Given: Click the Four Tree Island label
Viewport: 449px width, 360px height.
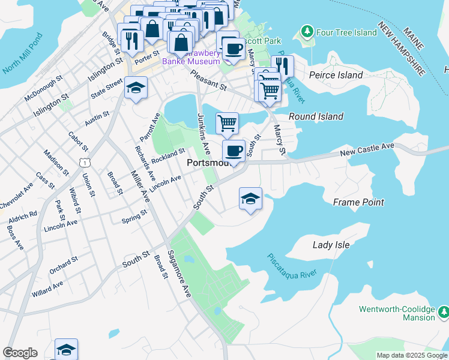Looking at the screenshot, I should click(x=347, y=32).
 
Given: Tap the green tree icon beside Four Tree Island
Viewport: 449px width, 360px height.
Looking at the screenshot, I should click(x=307, y=31).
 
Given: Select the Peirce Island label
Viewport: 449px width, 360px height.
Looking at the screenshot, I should click(x=336, y=75).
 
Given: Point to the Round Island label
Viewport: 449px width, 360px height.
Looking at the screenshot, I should click(x=316, y=116).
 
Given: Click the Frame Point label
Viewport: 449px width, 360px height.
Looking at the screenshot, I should click(x=358, y=202).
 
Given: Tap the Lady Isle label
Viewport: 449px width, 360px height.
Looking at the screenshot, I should click(x=331, y=245).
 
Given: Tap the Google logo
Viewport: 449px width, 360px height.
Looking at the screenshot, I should click(x=20, y=353).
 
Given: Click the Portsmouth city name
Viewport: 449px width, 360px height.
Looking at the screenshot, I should click(x=207, y=163).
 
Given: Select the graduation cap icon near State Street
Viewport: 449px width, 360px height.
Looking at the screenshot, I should click(x=136, y=89).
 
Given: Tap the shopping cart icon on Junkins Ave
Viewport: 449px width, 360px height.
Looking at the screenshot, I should click(x=227, y=123).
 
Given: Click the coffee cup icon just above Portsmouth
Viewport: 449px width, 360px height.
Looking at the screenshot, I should click(x=234, y=150).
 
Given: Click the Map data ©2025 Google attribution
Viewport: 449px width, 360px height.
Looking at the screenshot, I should click(x=411, y=355).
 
